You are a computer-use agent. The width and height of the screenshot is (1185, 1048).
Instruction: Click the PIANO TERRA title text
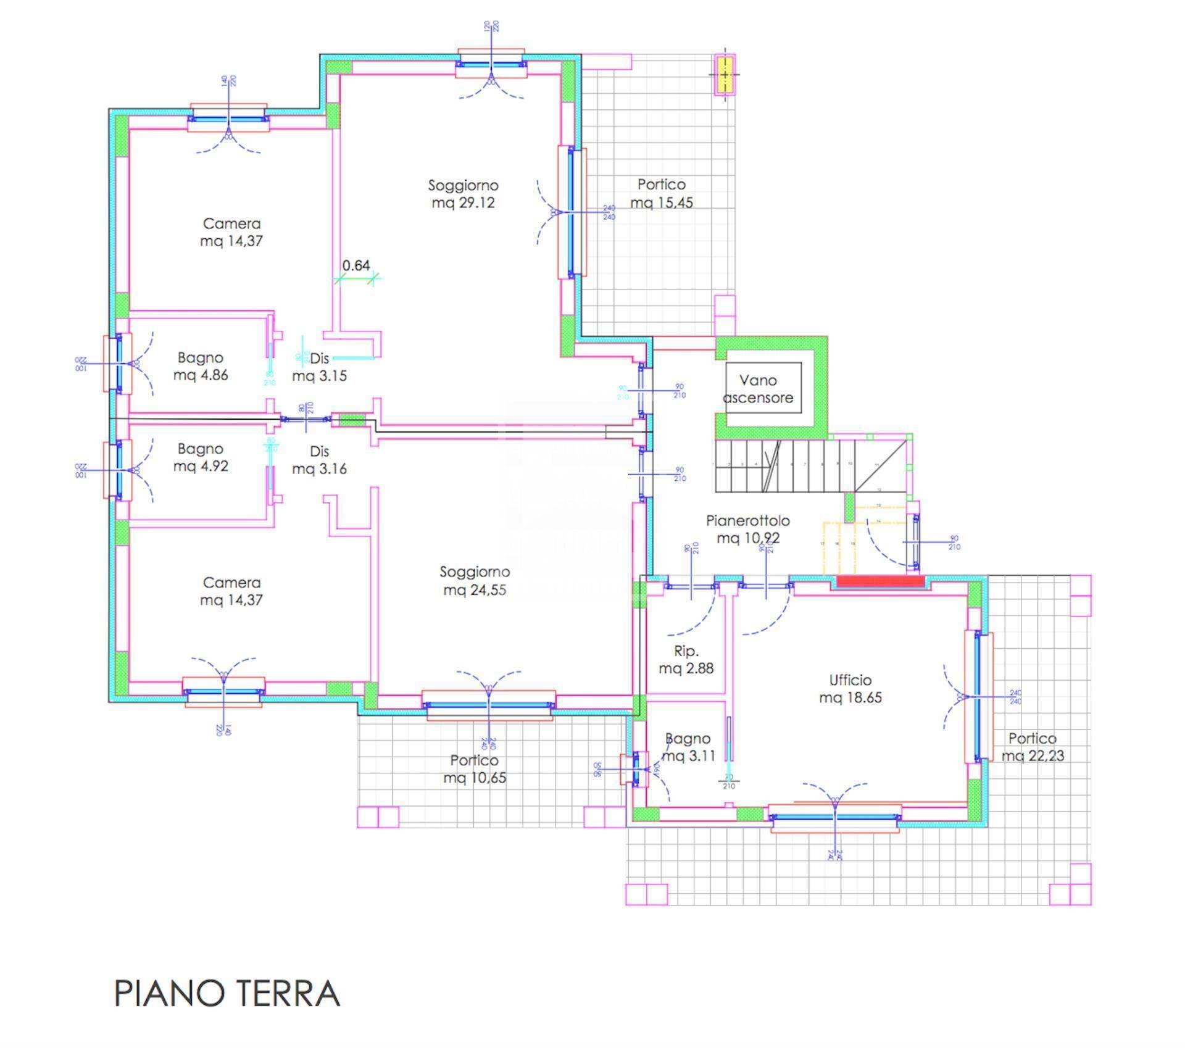[x=227, y=993]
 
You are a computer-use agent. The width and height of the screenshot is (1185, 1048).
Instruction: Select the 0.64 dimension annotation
[x=356, y=266]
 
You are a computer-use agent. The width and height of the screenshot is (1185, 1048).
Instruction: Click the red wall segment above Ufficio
[x=880, y=581]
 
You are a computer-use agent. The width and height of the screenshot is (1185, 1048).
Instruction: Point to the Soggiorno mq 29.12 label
[x=463, y=194]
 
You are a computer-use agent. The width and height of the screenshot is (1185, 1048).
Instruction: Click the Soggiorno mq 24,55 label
[x=475, y=581]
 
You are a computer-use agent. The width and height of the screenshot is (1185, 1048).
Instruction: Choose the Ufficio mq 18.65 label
[x=850, y=689]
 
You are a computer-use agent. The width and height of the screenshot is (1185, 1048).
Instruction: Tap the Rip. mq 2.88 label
[x=686, y=659]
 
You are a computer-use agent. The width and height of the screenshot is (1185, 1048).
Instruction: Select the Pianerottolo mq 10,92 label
[x=748, y=529]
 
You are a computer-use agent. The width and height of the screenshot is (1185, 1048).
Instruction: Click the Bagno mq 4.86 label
[x=201, y=366]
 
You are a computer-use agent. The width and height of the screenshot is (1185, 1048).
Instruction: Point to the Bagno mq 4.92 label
[x=201, y=457]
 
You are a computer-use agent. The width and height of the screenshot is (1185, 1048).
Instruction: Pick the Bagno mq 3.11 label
[x=688, y=747]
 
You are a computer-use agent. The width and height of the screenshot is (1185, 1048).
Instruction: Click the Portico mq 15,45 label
[x=662, y=193]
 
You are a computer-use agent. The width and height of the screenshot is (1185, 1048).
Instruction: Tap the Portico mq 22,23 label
[x=1033, y=747]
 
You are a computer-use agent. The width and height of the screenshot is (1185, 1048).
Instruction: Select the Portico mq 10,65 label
[x=474, y=769]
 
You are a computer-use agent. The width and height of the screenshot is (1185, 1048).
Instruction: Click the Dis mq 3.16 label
[x=319, y=460]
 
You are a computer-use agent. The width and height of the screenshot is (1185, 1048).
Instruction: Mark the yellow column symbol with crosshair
[x=725, y=75]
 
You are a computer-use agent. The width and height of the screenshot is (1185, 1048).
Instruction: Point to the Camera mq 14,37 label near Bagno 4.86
[x=231, y=232]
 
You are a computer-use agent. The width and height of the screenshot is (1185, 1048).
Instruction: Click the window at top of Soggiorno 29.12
[x=491, y=63]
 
